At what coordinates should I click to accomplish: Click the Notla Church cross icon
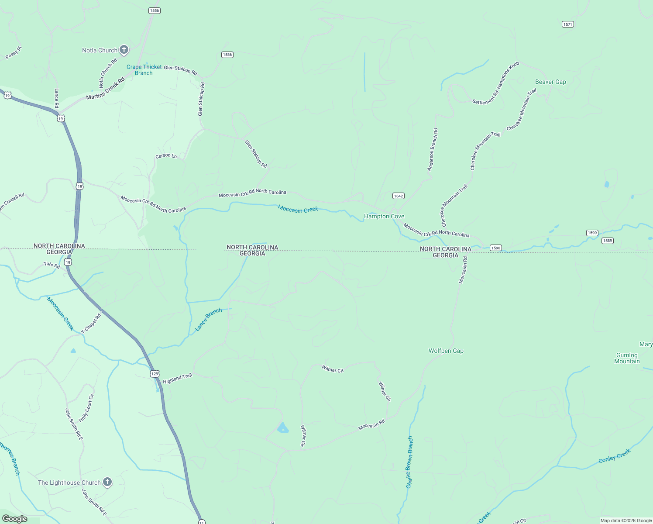point(124,50)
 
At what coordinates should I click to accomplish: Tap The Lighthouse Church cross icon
point(107,482)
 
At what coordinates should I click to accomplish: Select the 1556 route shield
point(154,10)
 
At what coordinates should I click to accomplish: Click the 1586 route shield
point(227,55)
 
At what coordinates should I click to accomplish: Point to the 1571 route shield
point(567,24)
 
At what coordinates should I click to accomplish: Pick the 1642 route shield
point(398,196)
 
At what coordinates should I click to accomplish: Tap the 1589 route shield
point(607,241)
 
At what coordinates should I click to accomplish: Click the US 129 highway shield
point(155,374)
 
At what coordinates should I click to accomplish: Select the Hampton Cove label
point(384,217)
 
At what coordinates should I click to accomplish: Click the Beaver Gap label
point(550,82)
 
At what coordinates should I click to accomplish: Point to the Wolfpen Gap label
point(446,351)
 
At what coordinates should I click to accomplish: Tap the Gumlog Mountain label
point(627,358)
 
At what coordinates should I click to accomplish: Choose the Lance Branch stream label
point(208,319)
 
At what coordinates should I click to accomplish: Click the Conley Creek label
point(614,456)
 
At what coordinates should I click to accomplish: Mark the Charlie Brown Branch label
point(409,462)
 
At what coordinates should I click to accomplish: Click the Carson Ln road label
point(166,156)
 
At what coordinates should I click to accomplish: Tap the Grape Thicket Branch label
point(144,70)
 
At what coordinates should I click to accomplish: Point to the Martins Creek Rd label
point(105,89)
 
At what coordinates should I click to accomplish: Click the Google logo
point(15,519)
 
